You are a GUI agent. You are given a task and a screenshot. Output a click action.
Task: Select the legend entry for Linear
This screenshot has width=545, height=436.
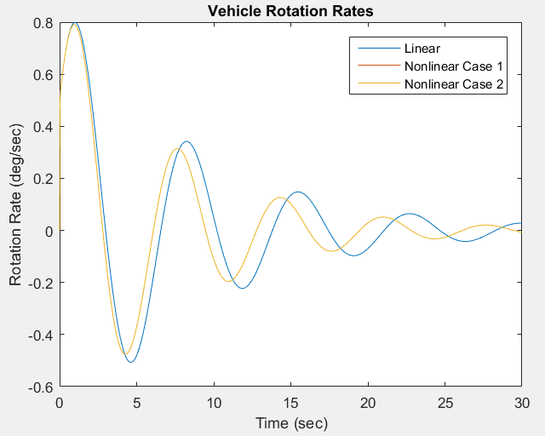click(422, 49)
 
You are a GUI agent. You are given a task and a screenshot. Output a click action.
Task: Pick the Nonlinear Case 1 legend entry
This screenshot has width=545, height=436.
click(448, 66)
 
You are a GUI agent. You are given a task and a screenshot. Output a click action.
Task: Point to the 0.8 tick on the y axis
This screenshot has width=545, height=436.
click(43, 23)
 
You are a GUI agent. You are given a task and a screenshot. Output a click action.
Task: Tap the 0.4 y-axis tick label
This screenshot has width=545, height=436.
click(43, 127)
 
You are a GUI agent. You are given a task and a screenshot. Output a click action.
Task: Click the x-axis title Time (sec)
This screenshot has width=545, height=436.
click(290, 422)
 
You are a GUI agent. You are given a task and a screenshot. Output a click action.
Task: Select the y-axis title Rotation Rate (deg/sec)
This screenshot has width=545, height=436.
click(15, 204)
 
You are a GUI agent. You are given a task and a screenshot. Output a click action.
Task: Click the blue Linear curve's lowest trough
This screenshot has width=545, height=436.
click(130, 362)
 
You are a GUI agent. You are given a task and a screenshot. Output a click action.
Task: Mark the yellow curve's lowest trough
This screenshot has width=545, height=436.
click(126, 354)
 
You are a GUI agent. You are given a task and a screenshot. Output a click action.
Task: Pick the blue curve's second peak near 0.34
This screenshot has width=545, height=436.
click(186, 142)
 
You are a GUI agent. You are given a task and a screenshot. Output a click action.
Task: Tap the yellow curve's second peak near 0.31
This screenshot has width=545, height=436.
click(177, 149)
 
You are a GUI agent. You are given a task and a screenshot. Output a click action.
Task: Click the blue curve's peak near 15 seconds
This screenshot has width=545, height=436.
click(297, 192)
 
